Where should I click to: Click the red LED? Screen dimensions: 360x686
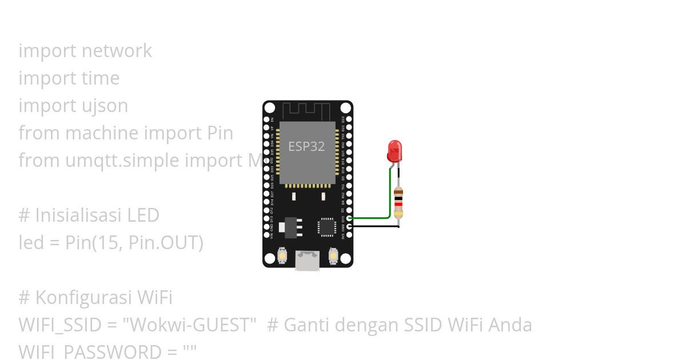(394, 151)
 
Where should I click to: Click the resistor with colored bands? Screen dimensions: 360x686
(398, 203)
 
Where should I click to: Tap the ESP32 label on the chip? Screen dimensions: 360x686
(306, 146)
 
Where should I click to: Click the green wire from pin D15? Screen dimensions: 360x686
(372, 218)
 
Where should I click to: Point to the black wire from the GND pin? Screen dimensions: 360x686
(374, 226)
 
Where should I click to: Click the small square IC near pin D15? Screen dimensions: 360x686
(327, 226)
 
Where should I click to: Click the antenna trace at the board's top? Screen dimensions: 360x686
(308, 110)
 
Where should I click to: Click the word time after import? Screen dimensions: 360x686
(100, 78)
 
